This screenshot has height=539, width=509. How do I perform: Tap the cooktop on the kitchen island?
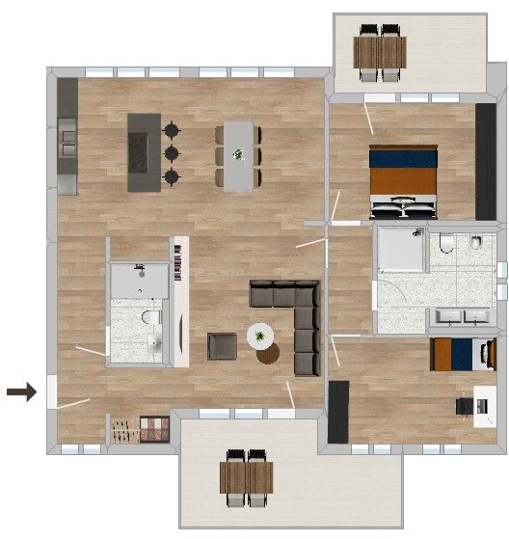click(145, 151)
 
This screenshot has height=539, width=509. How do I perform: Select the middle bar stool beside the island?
click(172, 152)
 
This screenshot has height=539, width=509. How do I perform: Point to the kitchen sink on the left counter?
click(67, 145)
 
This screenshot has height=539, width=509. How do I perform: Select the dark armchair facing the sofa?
click(222, 346)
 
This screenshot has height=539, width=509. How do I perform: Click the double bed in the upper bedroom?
click(404, 181)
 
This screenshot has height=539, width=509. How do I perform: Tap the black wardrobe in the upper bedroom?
click(487, 162)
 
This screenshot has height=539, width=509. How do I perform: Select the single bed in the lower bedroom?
click(462, 355)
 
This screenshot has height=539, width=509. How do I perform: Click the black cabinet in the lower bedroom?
click(337, 413)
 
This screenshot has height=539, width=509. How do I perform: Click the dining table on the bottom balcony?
click(247, 477)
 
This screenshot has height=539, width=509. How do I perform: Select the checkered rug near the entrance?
click(154, 428)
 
